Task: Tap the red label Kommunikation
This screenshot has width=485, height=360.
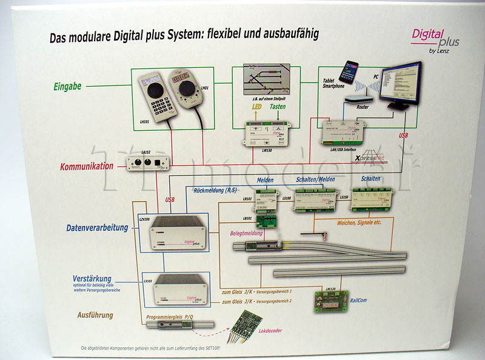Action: click(x=87, y=165)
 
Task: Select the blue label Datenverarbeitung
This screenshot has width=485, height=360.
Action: click(x=97, y=228)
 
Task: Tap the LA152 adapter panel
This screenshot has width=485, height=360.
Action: click(x=148, y=162)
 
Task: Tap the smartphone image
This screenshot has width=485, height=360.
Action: click(x=349, y=72)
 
